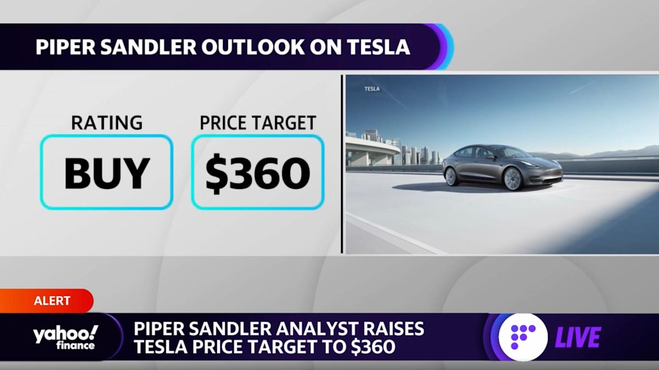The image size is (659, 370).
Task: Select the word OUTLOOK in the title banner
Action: [242, 47]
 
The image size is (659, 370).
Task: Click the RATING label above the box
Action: [107, 122]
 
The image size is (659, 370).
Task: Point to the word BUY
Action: [107, 173]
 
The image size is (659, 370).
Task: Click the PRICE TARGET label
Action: [258, 122]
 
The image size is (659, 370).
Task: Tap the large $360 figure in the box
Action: [258, 173]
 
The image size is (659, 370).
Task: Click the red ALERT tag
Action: [53, 301]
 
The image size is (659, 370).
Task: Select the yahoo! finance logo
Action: [65, 337]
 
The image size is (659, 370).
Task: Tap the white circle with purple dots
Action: [522, 337]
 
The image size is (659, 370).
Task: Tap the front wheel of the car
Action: [512, 178]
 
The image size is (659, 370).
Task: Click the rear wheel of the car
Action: [451, 176]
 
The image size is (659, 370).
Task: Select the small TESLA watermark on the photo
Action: [372, 88]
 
